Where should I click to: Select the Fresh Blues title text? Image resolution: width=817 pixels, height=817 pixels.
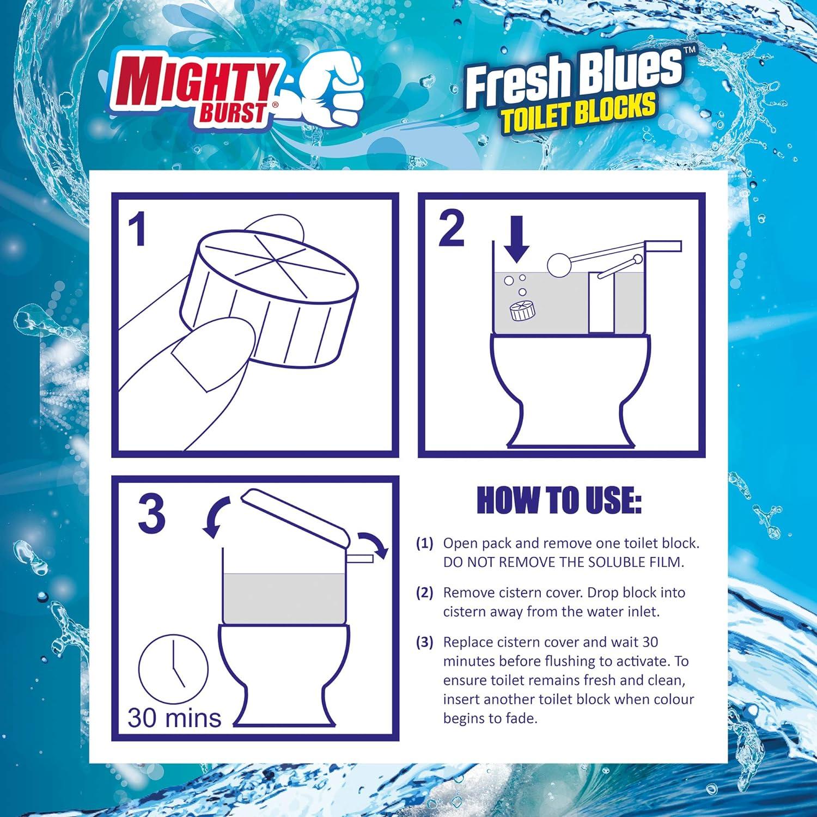575,76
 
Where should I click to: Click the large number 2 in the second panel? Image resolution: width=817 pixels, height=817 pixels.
452,229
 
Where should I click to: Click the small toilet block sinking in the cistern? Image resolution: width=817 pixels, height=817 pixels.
522,310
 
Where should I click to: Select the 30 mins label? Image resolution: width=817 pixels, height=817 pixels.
174,717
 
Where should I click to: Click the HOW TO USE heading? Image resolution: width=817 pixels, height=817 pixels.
559,500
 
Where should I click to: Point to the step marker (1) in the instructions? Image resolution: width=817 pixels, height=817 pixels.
424,543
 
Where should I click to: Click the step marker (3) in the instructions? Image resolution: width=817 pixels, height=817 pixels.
424,642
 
